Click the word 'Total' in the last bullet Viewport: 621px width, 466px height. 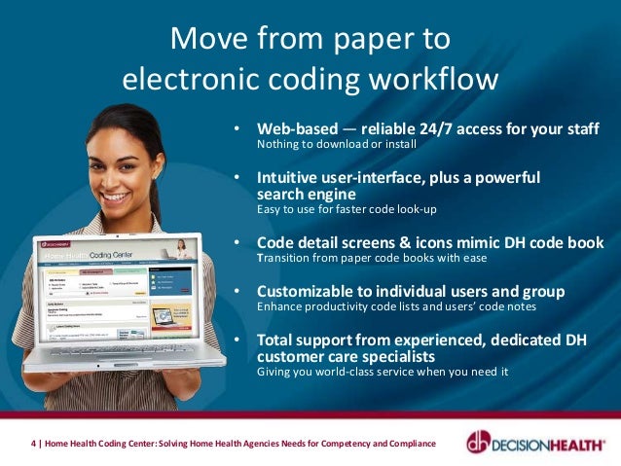click(276, 340)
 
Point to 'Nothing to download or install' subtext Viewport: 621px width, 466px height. click(336, 145)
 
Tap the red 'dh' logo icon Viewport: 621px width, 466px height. click(480, 442)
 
